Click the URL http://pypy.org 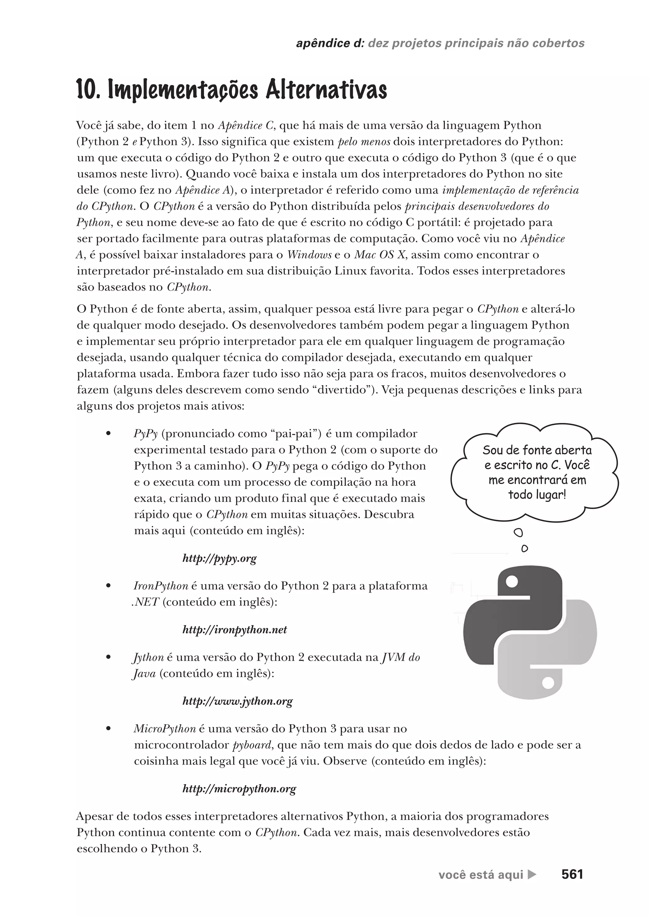[x=219, y=558]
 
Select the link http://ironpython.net [x=235, y=630]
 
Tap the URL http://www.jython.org [x=237, y=701]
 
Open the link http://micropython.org [x=239, y=789]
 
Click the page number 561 [x=572, y=874]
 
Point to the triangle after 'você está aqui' [x=532, y=875]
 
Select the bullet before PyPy [x=108, y=433]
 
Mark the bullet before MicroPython [x=108, y=729]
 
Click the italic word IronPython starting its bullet [x=161, y=586]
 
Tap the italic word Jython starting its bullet [x=148, y=657]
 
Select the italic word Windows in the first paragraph [x=309, y=255]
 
